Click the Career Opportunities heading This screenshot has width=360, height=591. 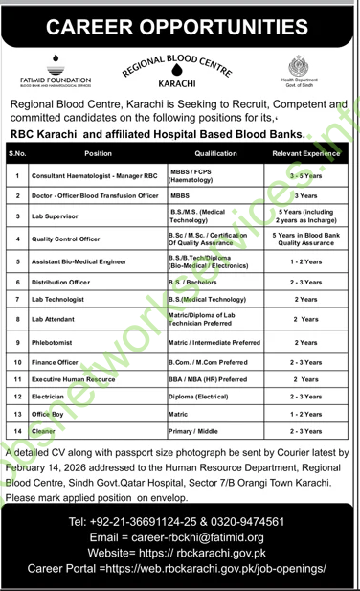(x=179, y=21)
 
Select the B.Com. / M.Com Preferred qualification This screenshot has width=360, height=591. (x=209, y=363)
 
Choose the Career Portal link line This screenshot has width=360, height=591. (x=180, y=569)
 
